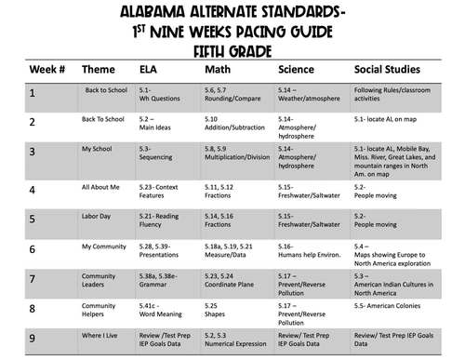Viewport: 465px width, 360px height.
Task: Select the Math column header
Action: click(x=219, y=69)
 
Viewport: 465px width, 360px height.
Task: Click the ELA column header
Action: click(x=149, y=69)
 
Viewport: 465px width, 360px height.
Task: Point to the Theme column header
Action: click(x=99, y=69)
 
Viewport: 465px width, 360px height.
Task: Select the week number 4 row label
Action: click(x=33, y=191)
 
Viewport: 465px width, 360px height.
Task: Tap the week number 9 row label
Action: click(x=33, y=338)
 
